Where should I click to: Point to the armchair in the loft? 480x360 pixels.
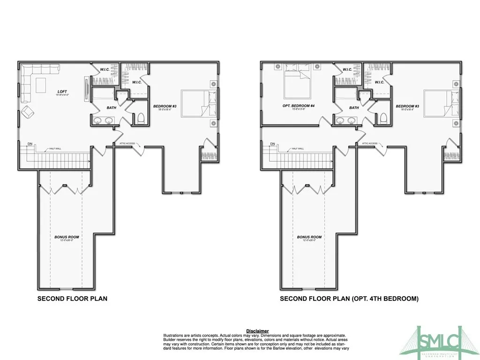pyautogui.click(x=28, y=112)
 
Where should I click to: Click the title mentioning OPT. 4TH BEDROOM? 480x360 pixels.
pyautogui.click(x=349, y=298)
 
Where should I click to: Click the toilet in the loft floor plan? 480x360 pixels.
pyautogui.click(x=140, y=118)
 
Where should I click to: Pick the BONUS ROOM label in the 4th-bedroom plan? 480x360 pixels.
pyautogui.click(x=309, y=237)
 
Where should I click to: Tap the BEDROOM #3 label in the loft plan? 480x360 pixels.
pyautogui.click(x=165, y=106)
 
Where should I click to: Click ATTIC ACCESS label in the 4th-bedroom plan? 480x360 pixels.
pyautogui.click(x=370, y=143)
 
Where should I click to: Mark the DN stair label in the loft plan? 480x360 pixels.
pyautogui.click(x=30, y=143)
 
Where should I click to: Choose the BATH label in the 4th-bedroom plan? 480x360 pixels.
pyautogui.click(x=354, y=108)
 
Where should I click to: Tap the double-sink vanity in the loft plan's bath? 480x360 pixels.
pyautogui.click(x=103, y=121)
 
